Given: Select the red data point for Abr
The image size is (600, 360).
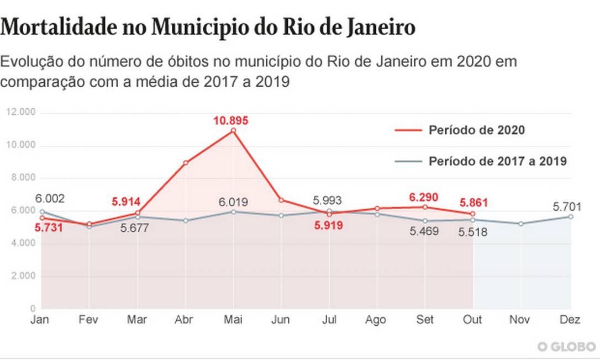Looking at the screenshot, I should click(x=186, y=163).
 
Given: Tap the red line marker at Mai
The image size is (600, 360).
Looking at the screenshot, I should click(x=233, y=131).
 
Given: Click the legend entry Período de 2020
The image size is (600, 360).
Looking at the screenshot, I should click(x=476, y=130).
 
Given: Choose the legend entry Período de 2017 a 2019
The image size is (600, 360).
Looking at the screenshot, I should click(x=497, y=161).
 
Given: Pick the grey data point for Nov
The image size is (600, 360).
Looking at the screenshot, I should click(x=521, y=224).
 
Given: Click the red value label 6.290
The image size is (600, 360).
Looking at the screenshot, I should click(x=424, y=197).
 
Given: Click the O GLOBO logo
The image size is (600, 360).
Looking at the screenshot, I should click(x=567, y=346).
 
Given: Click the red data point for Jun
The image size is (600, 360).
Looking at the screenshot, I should click(x=281, y=200).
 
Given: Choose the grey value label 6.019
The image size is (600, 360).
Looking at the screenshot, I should click(x=232, y=202).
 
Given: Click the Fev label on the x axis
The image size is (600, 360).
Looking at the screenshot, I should click(x=89, y=321).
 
